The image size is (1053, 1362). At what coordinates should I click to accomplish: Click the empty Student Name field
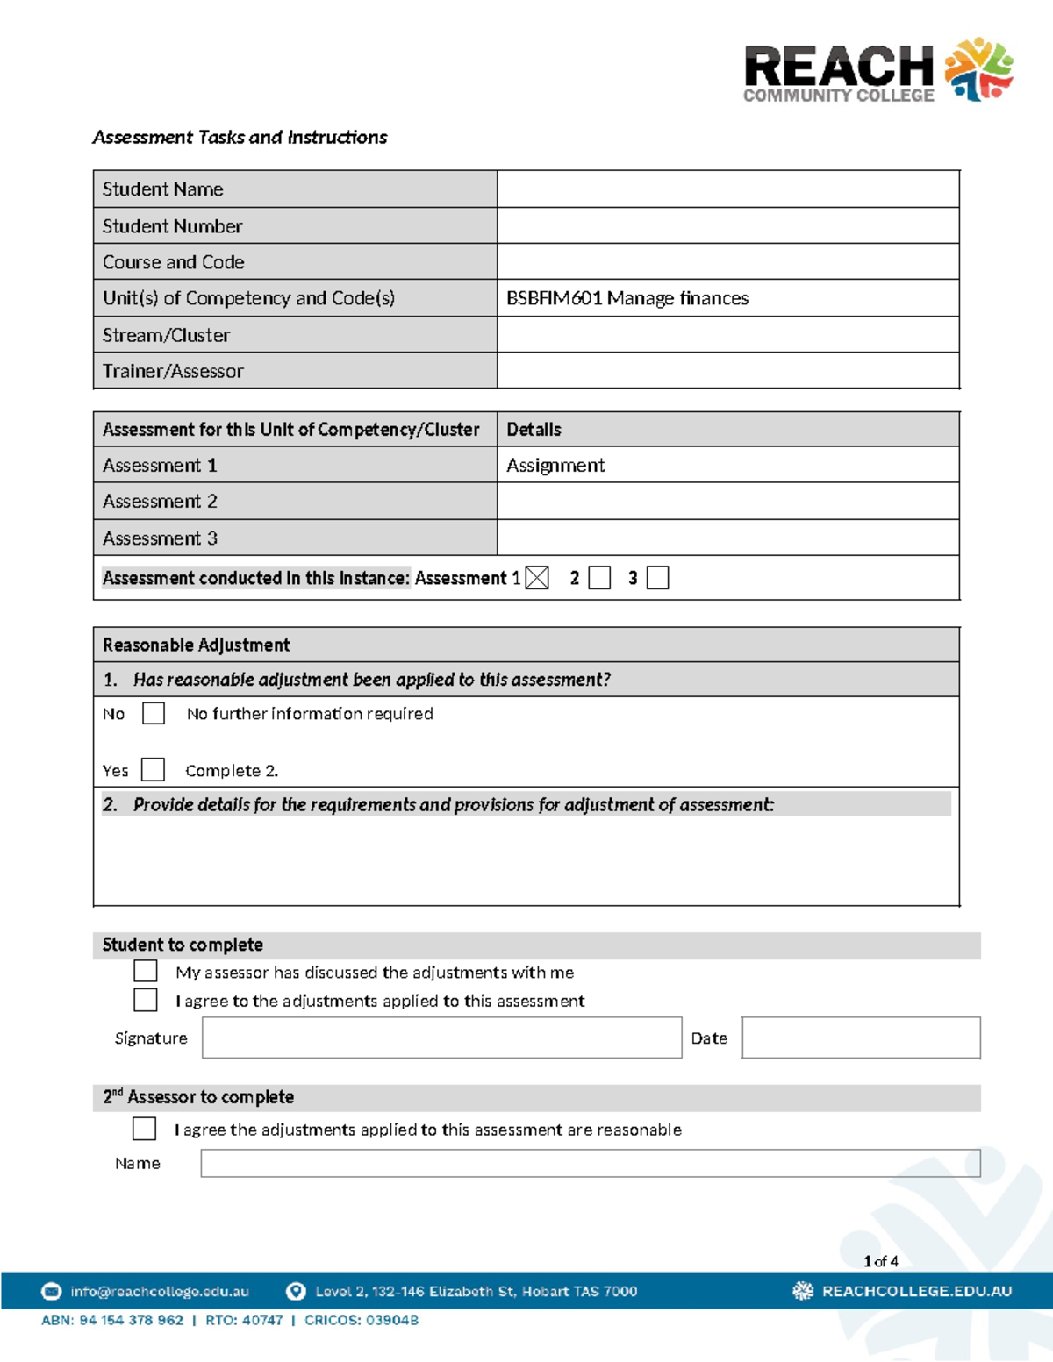pos(727,189)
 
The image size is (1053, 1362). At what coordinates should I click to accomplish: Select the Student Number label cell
pos(295,226)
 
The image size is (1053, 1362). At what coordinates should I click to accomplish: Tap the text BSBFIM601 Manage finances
pos(627,298)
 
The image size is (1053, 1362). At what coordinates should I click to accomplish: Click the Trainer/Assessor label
pos(173,371)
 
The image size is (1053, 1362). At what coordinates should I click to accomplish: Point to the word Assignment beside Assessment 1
pos(555,466)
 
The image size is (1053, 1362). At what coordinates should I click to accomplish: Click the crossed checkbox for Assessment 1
pos(537,578)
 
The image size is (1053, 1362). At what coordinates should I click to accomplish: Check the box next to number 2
pos(599,578)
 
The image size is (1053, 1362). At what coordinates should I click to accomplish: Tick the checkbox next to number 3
pos(657,578)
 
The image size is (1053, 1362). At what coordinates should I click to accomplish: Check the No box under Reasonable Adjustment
pos(154,713)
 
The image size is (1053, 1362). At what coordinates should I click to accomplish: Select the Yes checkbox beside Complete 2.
pos(153,770)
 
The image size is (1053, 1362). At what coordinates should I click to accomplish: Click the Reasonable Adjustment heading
pos(196,645)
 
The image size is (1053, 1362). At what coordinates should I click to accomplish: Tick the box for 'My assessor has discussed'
pos(146,971)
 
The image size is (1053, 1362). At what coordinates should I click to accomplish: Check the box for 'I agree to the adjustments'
pos(146,1000)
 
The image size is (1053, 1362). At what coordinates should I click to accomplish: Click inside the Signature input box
pos(441,1038)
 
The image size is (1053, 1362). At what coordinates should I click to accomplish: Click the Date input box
pos(860,1038)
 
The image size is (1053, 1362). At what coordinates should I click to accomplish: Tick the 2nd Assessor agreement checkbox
pos(145,1129)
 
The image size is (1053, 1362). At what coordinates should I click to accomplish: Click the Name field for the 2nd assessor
pos(590,1163)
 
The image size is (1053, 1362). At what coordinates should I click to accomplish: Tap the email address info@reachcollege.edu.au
pos(160,1291)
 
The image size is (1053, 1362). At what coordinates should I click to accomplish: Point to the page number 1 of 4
pos(880,1261)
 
